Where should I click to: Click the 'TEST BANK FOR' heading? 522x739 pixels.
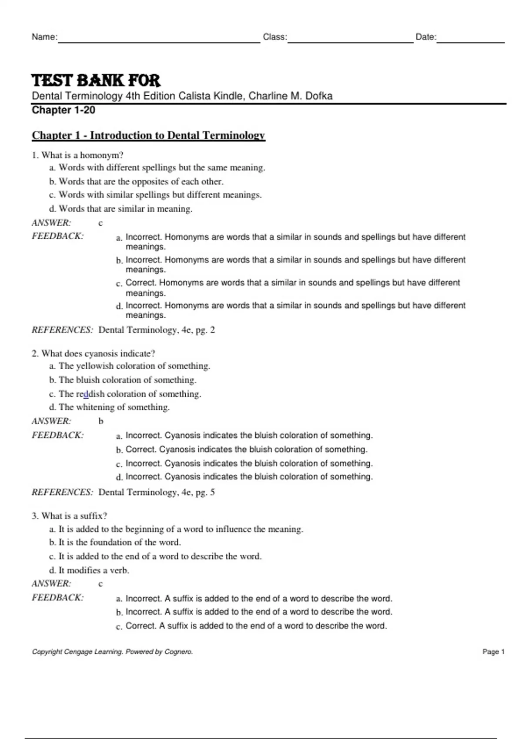96,80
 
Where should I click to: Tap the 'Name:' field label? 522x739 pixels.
44,37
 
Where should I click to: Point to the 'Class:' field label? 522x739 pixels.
275,37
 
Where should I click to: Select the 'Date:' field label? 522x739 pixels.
426,37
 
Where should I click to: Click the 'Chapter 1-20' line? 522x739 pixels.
64,110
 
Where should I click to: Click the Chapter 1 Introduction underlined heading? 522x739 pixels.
148,135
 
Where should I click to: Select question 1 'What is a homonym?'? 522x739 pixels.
78,155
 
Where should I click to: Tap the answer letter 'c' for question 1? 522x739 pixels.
100,223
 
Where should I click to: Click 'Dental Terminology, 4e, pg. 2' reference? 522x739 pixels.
157,330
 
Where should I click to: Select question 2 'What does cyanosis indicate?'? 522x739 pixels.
94,353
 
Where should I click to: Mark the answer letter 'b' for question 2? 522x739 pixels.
100,421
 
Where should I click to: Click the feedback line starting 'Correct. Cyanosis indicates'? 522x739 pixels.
246,449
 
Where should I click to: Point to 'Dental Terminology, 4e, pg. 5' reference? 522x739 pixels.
157,492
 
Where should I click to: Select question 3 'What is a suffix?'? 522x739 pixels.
70,516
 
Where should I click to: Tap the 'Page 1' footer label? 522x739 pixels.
493,652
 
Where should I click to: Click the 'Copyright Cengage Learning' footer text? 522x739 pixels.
112,652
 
